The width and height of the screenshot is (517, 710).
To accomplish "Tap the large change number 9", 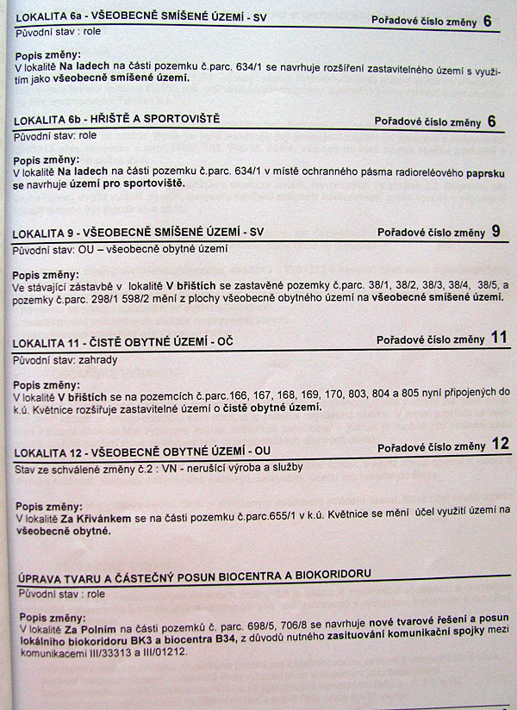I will (495, 231).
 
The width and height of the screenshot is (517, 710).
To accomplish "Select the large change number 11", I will (499, 337).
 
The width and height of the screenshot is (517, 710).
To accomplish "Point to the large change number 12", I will (501, 444).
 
